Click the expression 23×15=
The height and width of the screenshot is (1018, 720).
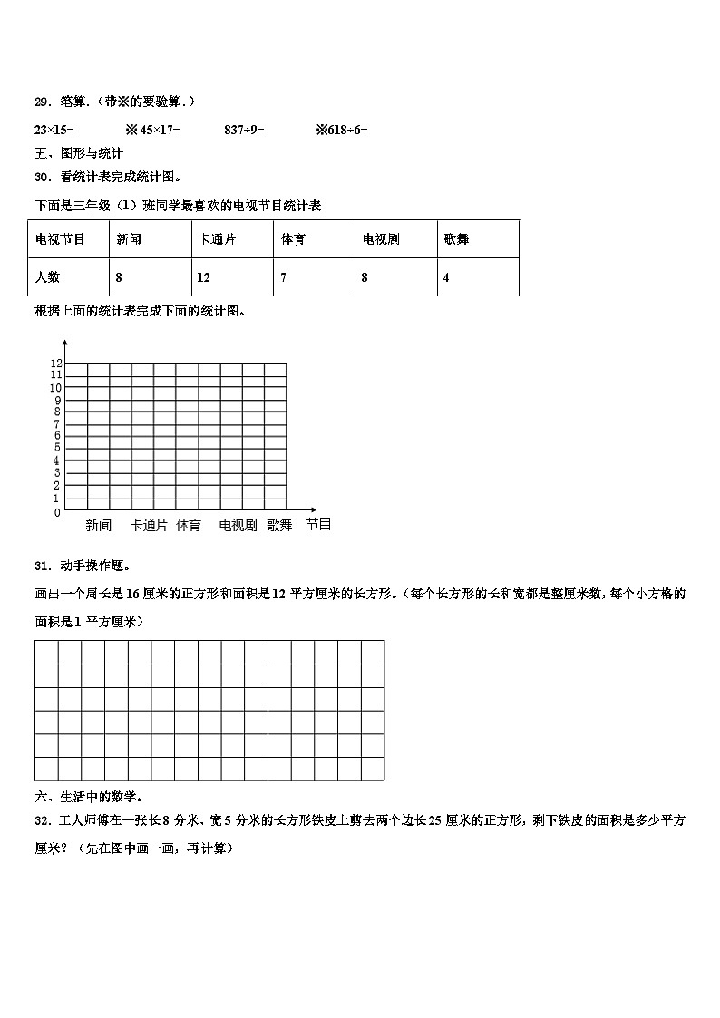(54, 130)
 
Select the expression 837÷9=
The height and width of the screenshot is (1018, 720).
(244, 130)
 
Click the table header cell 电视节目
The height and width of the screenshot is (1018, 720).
(60, 239)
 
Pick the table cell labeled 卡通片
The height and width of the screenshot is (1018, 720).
(218, 239)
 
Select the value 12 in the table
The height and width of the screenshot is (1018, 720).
(204, 277)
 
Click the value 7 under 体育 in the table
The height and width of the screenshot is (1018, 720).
(284, 277)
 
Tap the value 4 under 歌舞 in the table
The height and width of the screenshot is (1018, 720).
(446, 277)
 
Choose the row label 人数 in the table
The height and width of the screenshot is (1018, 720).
(47, 277)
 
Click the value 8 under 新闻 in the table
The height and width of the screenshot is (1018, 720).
(120, 277)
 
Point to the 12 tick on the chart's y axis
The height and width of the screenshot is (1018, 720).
(55, 363)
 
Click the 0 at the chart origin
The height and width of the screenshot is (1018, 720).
(57, 513)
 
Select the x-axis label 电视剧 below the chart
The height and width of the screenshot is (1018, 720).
(238, 525)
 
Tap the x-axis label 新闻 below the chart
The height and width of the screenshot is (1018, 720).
(99, 525)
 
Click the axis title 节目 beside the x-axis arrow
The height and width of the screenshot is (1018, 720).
(318, 524)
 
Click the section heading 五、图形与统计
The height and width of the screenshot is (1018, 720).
(79, 153)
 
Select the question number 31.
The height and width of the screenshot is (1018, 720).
(41, 567)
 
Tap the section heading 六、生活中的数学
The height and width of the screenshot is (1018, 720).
(89, 797)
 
